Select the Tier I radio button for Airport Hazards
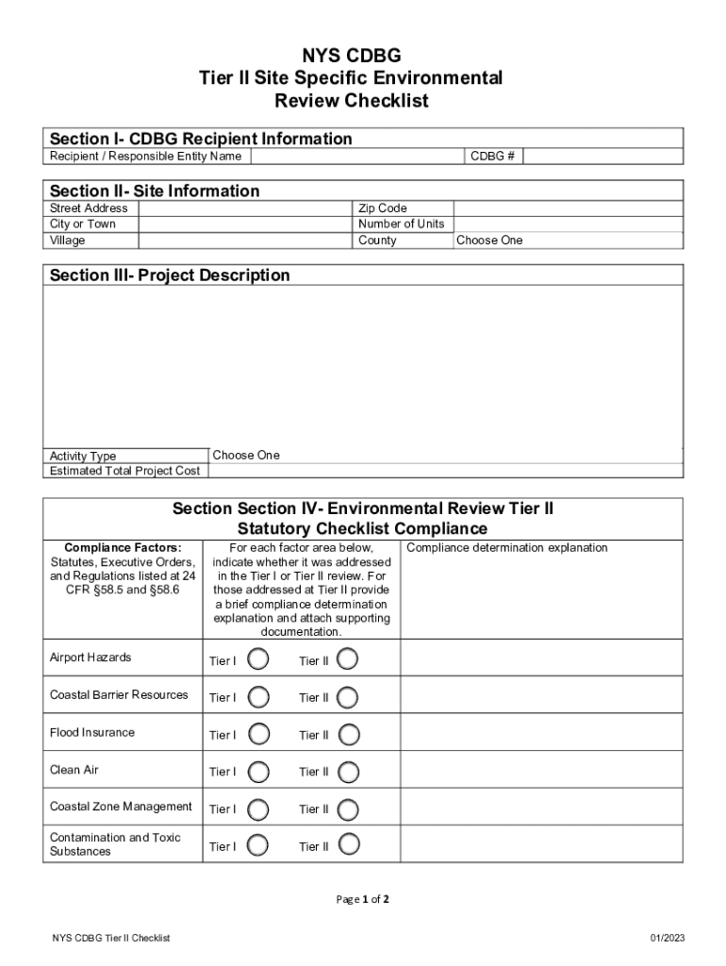click(258, 658)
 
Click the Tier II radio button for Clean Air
click(348, 771)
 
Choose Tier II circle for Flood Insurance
click(348, 734)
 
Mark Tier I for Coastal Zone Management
click(258, 808)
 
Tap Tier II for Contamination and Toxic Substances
click(348, 845)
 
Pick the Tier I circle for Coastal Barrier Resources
click(258, 696)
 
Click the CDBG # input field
click(602, 156)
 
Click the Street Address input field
click(244, 208)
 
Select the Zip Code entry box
click(567, 208)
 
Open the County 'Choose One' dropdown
click(567, 241)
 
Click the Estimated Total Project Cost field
click(441, 471)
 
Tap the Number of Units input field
click(567, 224)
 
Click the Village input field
click(244, 241)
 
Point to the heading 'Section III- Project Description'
click(170, 275)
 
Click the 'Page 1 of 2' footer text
click(363, 899)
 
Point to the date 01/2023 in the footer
click(665, 938)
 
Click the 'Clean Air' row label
click(74, 770)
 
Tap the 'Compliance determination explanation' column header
click(507, 548)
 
